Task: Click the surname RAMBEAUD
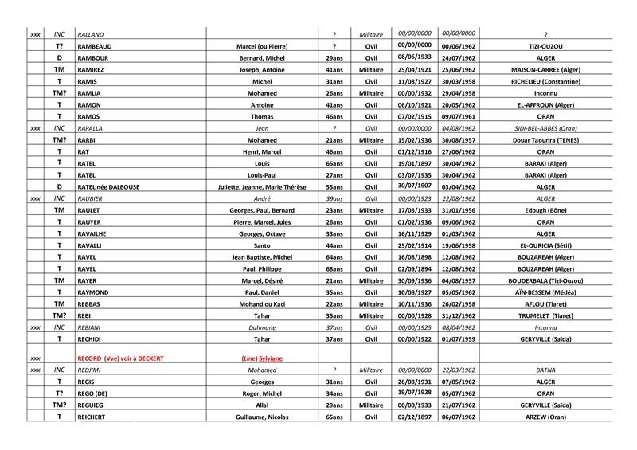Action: click(95, 46)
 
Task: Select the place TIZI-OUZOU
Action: click(545, 46)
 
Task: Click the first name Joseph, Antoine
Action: click(262, 70)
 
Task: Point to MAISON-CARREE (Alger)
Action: click(545, 70)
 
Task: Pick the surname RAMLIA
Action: click(91, 93)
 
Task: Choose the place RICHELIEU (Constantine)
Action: click(545, 81)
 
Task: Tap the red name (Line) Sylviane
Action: click(262, 358)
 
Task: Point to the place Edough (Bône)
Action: click(545, 210)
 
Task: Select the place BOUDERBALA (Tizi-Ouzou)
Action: click(545, 280)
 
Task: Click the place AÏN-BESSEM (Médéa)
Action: click(545, 292)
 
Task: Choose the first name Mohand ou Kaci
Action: click(262, 303)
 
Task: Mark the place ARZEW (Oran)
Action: click(545, 417)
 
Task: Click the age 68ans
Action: click(334, 268)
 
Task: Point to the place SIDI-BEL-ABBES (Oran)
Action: click(545, 128)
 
